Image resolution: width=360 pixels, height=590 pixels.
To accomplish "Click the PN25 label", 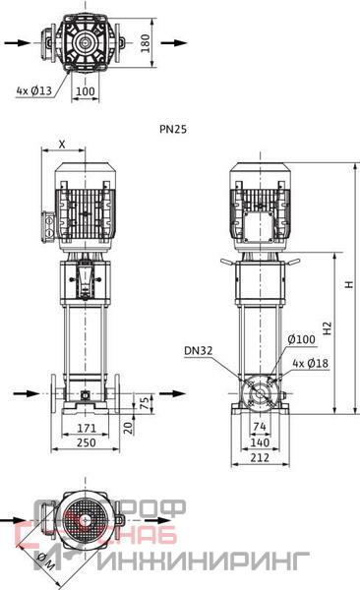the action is [173, 129].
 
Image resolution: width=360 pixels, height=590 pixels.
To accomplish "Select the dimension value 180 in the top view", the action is [145, 43].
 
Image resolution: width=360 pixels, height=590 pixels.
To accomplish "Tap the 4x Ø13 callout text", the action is [33, 90].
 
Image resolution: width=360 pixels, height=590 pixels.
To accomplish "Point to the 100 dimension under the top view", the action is [86, 91].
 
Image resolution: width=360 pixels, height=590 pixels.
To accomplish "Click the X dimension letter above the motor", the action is [62, 145].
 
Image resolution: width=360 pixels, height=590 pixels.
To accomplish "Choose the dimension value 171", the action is [87, 428].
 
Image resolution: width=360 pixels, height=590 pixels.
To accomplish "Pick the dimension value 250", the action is [87, 442].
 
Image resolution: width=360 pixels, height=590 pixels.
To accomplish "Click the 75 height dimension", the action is [145, 403].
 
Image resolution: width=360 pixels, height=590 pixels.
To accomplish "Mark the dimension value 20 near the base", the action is [129, 428].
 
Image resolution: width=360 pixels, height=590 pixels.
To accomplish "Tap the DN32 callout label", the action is [199, 351].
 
